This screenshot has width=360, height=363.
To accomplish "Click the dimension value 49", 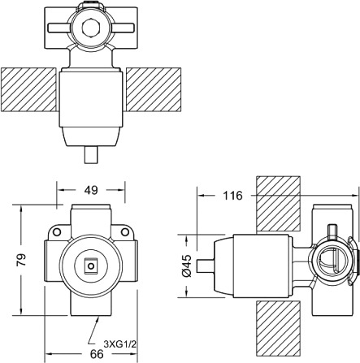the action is click(x=91, y=190).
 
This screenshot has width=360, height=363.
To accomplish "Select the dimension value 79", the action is click(x=22, y=260).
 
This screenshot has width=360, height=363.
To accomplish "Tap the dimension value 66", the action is click(x=96, y=354).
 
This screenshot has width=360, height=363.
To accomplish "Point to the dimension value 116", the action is click(x=232, y=196).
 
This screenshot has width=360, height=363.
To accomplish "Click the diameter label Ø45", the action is click(x=187, y=266).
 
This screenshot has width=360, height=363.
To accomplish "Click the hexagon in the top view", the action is click(x=90, y=28).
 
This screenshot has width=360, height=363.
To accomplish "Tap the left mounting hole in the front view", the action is click(x=57, y=232).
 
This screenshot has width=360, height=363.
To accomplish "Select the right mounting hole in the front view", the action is click(x=124, y=232).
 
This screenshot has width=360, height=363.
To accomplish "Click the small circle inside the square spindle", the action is click(x=91, y=266).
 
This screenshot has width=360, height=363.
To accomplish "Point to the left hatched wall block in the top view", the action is click(x=28, y=89).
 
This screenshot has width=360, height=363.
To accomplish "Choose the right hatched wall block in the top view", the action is click(x=154, y=89).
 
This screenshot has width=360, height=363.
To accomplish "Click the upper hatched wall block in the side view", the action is click(x=278, y=204).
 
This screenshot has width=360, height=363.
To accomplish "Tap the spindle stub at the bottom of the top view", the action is click(x=91, y=154).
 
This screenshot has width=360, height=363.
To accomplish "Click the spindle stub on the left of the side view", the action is click(x=206, y=266).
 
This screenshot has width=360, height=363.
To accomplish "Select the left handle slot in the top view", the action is click(x=59, y=28).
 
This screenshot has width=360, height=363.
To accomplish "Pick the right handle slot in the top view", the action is click(x=123, y=28).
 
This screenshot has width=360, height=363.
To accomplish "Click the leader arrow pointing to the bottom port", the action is click(x=93, y=331).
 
